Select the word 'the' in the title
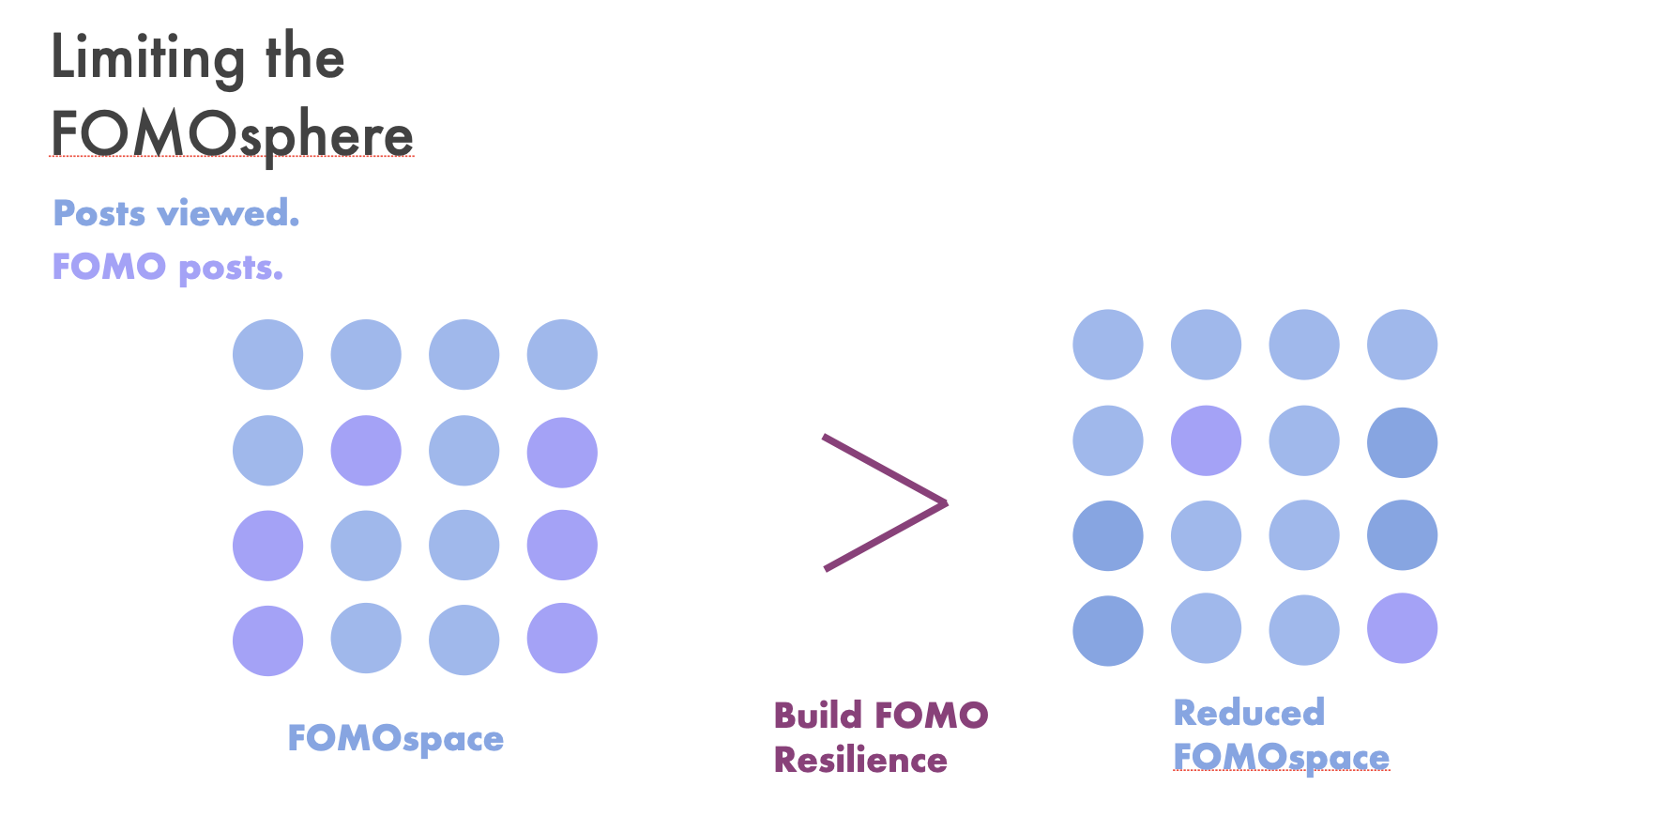pos(305,56)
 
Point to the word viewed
pos(229,213)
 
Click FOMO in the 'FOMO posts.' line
pos(109,267)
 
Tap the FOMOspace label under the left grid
pos(395,739)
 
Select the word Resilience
pos(860,760)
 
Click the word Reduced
pos(1249,713)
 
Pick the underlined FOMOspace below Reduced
pos(1281,758)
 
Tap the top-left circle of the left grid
pos(268,355)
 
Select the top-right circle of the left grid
pos(562,355)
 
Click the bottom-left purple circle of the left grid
pos(268,640)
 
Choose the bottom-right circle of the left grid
pos(562,639)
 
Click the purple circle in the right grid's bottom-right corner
pos(1402,628)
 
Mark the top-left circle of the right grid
pos(1108,345)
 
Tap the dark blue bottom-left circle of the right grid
pos(1108,631)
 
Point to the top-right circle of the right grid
pos(1402,345)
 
